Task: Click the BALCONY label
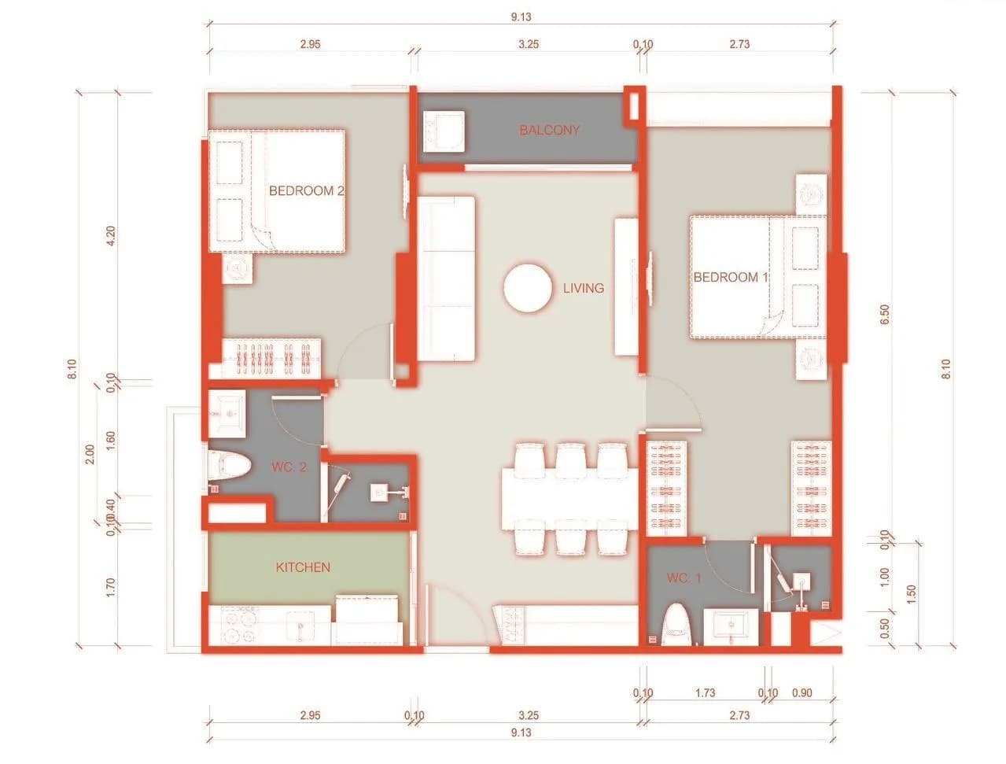click(549, 130)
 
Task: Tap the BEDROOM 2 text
click(306, 190)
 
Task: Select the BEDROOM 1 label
click(731, 277)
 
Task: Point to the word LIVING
click(584, 288)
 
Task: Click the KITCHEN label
click(303, 567)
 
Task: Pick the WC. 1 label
click(684, 578)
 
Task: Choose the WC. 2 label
click(289, 467)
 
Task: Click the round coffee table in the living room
click(528, 288)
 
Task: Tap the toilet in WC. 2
click(229, 467)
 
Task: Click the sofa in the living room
click(445, 279)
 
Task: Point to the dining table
click(570, 499)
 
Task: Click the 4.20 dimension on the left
click(111, 235)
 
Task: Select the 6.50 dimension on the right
click(885, 315)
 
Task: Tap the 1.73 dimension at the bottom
click(705, 693)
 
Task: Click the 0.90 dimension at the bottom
click(802, 693)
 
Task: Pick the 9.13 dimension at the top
click(521, 17)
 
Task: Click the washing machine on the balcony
click(443, 131)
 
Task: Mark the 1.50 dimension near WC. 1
click(911, 594)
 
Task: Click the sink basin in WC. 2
click(227, 414)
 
